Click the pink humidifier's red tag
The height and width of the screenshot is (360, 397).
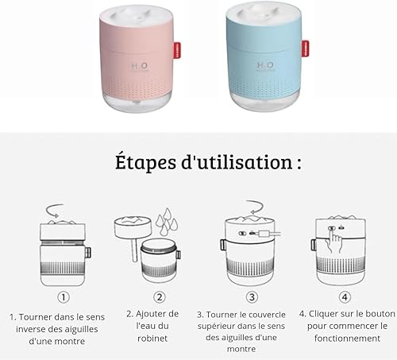177,50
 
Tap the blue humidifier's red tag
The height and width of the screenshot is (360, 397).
305,48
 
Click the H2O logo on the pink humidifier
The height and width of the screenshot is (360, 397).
140,67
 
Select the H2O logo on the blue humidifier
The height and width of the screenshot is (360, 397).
265,66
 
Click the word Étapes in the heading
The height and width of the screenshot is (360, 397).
145,161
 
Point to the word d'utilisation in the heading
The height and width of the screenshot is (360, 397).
237,162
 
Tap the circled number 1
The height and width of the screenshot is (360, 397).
64,297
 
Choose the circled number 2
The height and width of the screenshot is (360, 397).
160,297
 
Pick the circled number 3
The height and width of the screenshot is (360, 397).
252,297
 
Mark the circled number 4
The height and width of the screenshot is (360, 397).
345,297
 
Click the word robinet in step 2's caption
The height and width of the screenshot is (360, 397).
152,339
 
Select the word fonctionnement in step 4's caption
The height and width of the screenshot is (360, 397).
347,339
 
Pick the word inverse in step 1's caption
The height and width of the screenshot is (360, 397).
31,329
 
